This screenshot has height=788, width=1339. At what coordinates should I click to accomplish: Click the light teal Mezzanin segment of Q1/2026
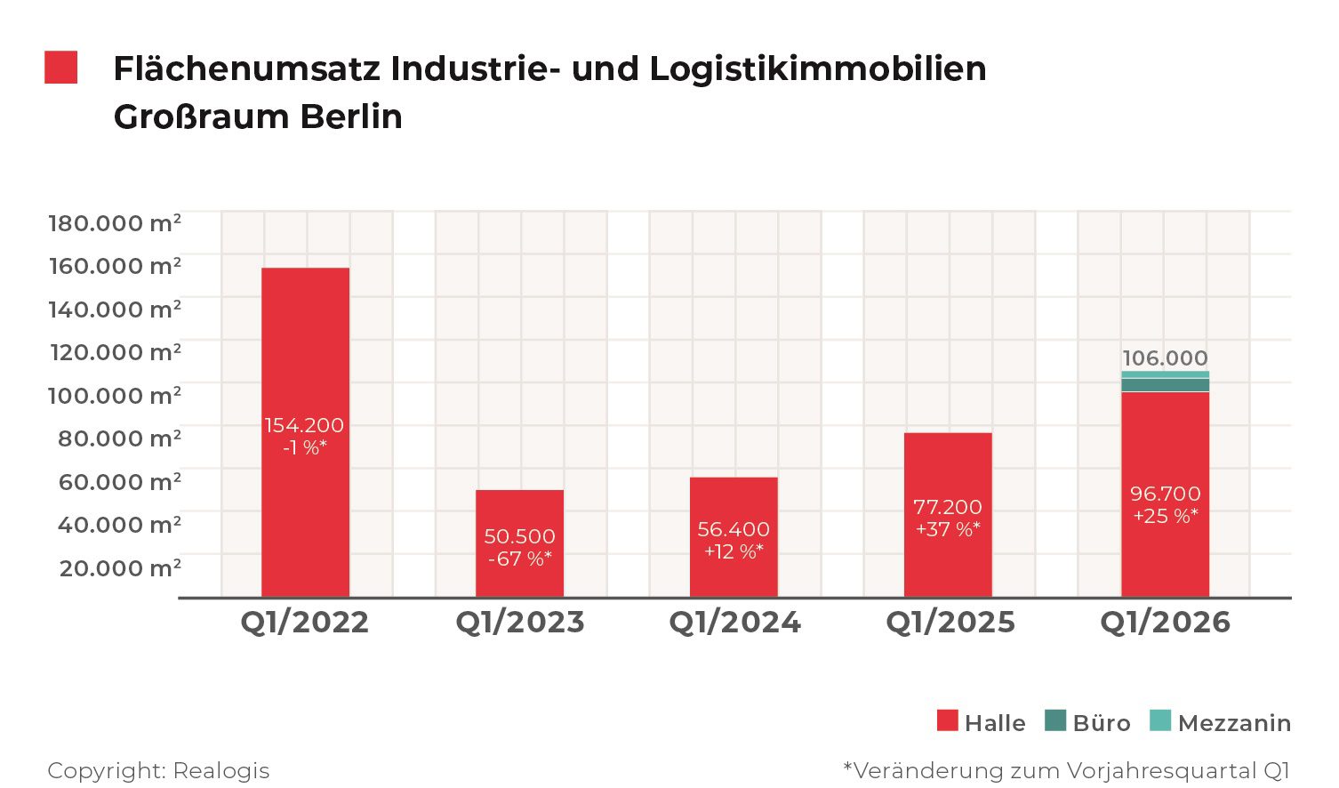pos(1165,374)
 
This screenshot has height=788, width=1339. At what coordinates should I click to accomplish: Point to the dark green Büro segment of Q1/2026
pos(1165,385)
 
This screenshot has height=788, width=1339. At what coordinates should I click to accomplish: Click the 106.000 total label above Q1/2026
pos(1165,358)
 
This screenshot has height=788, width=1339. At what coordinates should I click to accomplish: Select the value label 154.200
pos(304,425)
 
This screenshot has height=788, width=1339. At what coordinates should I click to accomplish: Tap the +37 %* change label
pos(948,529)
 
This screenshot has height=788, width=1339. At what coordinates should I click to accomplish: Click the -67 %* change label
pos(519,559)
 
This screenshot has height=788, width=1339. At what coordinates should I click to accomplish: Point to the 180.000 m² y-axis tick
pos(115,222)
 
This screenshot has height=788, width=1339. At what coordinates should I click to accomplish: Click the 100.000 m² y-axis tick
pos(115,395)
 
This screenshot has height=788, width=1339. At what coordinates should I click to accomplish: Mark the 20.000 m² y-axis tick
pos(120,567)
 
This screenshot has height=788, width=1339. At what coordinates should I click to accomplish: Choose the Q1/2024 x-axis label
pos(734,622)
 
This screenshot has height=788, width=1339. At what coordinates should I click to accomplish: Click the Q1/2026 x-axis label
pos(1165,622)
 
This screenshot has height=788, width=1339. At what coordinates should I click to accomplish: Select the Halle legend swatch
pos(948,720)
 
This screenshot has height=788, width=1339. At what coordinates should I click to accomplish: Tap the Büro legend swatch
pos(1055,720)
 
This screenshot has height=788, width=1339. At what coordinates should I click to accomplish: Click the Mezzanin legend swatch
pos(1160,720)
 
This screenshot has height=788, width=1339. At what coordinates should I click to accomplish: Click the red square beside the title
pos(61,68)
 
